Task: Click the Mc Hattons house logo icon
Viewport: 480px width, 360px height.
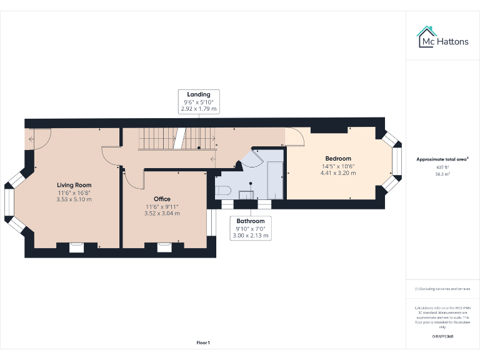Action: tap(427, 36)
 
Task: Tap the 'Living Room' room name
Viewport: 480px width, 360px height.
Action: tap(74, 185)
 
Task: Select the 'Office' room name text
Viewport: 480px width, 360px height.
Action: tap(162, 199)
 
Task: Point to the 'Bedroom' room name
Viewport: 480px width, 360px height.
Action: tap(338, 158)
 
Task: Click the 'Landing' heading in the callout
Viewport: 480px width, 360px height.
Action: tap(199, 94)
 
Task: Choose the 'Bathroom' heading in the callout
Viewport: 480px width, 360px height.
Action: tap(250, 221)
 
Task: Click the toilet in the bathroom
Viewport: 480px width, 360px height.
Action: tap(223, 190)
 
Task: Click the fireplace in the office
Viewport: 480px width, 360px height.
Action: tap(165, 246)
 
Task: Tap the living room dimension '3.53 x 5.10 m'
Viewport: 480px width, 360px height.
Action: tap(74, 199)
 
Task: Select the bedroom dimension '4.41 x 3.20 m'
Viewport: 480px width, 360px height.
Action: tap(338, 173)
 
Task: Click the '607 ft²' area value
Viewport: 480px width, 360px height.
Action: tap(442, 167)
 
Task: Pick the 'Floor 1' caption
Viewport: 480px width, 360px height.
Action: tap(203, 342)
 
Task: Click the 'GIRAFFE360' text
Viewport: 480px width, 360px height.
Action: tap(442, 336)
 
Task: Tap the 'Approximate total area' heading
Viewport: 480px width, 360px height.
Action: tap(442, 159)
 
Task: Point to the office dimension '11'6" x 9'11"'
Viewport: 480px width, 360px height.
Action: tap(162, 206)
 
